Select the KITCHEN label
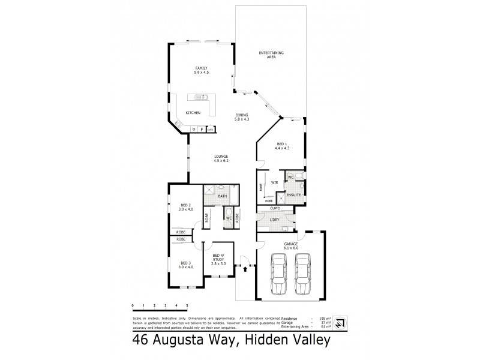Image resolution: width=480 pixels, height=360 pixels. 193,113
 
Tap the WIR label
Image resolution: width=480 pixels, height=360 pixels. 274,182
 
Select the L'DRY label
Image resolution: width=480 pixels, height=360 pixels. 275,221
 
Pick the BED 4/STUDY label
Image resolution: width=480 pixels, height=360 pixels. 218,260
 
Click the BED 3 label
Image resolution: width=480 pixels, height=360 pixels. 185,265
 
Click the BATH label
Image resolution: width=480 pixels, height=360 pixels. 221,196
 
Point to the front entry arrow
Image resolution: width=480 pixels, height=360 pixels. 245,269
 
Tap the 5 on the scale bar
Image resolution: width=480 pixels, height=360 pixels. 187,307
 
